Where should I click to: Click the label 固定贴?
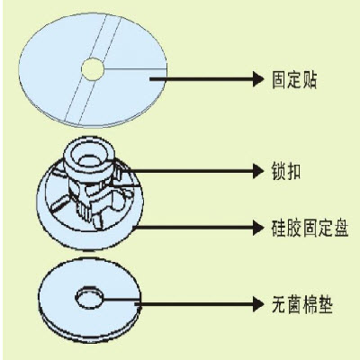click(x=294, y=79)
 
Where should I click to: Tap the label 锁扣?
click(x=286, y=171)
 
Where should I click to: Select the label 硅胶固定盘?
click(x=310, y=228)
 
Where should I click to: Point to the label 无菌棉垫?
click(x=302, y=305)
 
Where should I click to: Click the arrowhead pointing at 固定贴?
click(x=258, y=79)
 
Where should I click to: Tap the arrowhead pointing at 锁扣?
click(x=258, y=171)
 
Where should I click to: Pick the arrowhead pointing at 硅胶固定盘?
click(x=258, y=228)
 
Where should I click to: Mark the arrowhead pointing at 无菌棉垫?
click(x=258, y=304)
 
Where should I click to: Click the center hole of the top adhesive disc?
click(x=93, y=69)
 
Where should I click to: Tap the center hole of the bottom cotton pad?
click(x=89, y=298)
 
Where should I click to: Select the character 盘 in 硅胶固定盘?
click(x=341, y=228)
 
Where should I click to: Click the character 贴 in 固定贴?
click(x=310, y=80)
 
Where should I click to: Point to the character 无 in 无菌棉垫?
click(x=279, y=305)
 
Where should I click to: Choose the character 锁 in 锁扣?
click(x=279, y=171)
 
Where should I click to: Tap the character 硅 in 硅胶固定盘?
click(x=279, y=228)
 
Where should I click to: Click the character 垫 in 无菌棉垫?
click(x=325, y=305)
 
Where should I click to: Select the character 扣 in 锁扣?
click(x=293, y=171)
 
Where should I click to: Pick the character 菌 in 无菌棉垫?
click(x=294, y=305)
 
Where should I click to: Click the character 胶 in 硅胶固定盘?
click(x=294, y=228)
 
